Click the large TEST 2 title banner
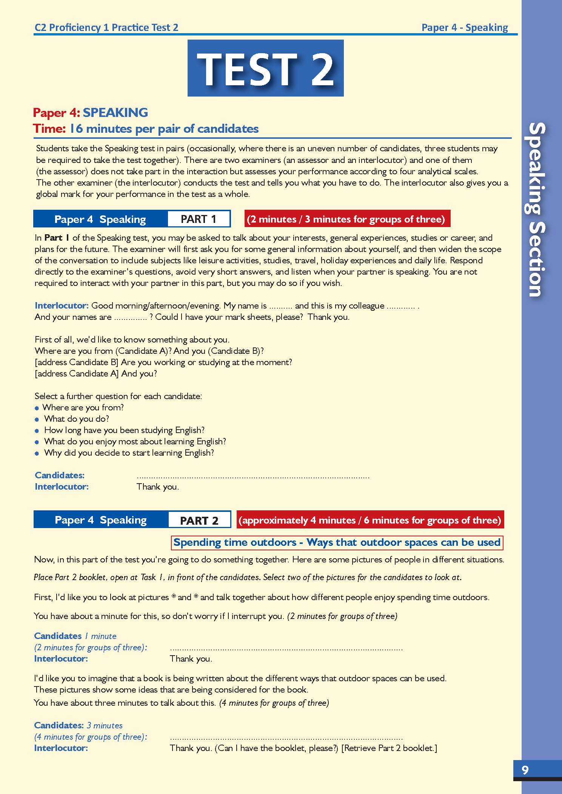265,68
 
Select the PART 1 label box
199,219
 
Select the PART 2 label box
199,521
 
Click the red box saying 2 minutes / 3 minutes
347,219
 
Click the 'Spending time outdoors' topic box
337,542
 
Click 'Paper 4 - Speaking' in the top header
464,28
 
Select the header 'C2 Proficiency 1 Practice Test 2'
106,28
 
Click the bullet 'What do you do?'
77,419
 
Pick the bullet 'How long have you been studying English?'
124,430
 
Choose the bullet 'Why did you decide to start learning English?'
129,453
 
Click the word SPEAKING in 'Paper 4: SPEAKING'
115,112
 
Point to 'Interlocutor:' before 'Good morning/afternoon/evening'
62,306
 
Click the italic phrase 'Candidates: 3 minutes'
78,725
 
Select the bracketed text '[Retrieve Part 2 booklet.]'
389,748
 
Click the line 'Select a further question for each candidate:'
119,396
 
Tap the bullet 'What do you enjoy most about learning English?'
135,441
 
